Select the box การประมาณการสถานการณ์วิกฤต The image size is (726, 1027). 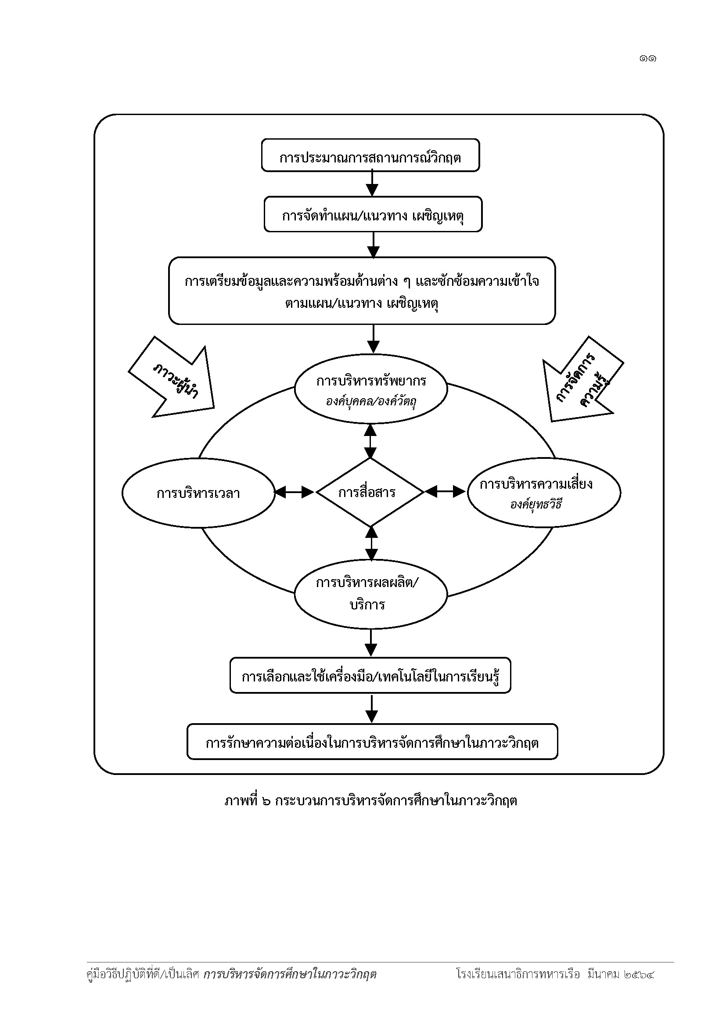[370, 155]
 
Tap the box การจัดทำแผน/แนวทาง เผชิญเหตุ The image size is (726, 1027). [373, 214]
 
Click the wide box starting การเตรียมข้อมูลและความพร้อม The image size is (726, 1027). [362, 291]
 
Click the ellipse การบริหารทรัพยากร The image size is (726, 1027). [370, 389]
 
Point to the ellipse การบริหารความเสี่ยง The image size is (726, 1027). [544, 493]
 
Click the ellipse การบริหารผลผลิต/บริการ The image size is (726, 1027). [370, 595]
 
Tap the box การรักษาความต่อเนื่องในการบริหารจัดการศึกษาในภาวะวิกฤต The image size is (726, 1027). [372, 742]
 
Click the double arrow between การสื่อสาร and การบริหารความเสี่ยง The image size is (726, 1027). [446, 492]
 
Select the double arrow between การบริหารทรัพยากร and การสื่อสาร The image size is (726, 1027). [370, 440]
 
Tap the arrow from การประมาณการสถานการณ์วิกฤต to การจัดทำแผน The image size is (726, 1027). [372, 184]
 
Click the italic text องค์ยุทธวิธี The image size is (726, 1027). [536, 505]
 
